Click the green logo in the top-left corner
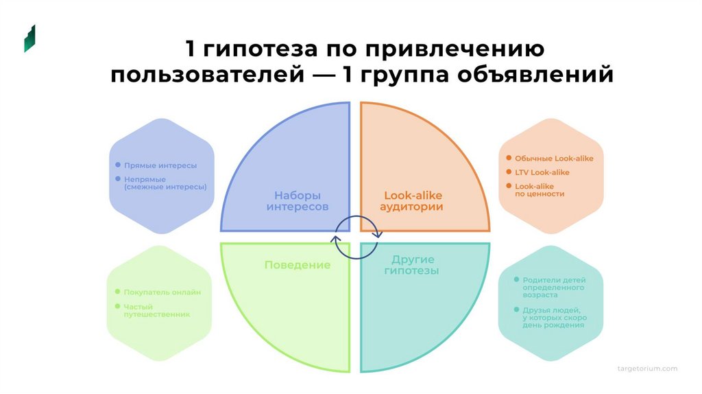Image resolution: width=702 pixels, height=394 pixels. coord(29,38)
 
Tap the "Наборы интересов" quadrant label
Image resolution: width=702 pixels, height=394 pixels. coord(298,200)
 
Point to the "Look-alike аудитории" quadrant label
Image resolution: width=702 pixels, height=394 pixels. coord(413,200)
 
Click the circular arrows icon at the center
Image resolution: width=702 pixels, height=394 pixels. coord(356,237)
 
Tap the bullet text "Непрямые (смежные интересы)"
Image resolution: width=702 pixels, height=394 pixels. coord(165,183)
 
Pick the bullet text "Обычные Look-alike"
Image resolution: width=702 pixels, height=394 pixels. coord(554,159)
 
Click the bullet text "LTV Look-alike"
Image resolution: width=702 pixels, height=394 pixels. coord(542,172)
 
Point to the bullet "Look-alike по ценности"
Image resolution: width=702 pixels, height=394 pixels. coord(539,190)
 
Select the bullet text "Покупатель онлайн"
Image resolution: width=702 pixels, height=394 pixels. coord(162,292)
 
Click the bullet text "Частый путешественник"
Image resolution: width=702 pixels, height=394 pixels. coord(156,310)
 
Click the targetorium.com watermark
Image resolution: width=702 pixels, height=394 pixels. coord(648,369)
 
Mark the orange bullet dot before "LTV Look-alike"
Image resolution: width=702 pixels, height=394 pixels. coord(509,172)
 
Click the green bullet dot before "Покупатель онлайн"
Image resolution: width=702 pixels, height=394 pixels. coord(118,292)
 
